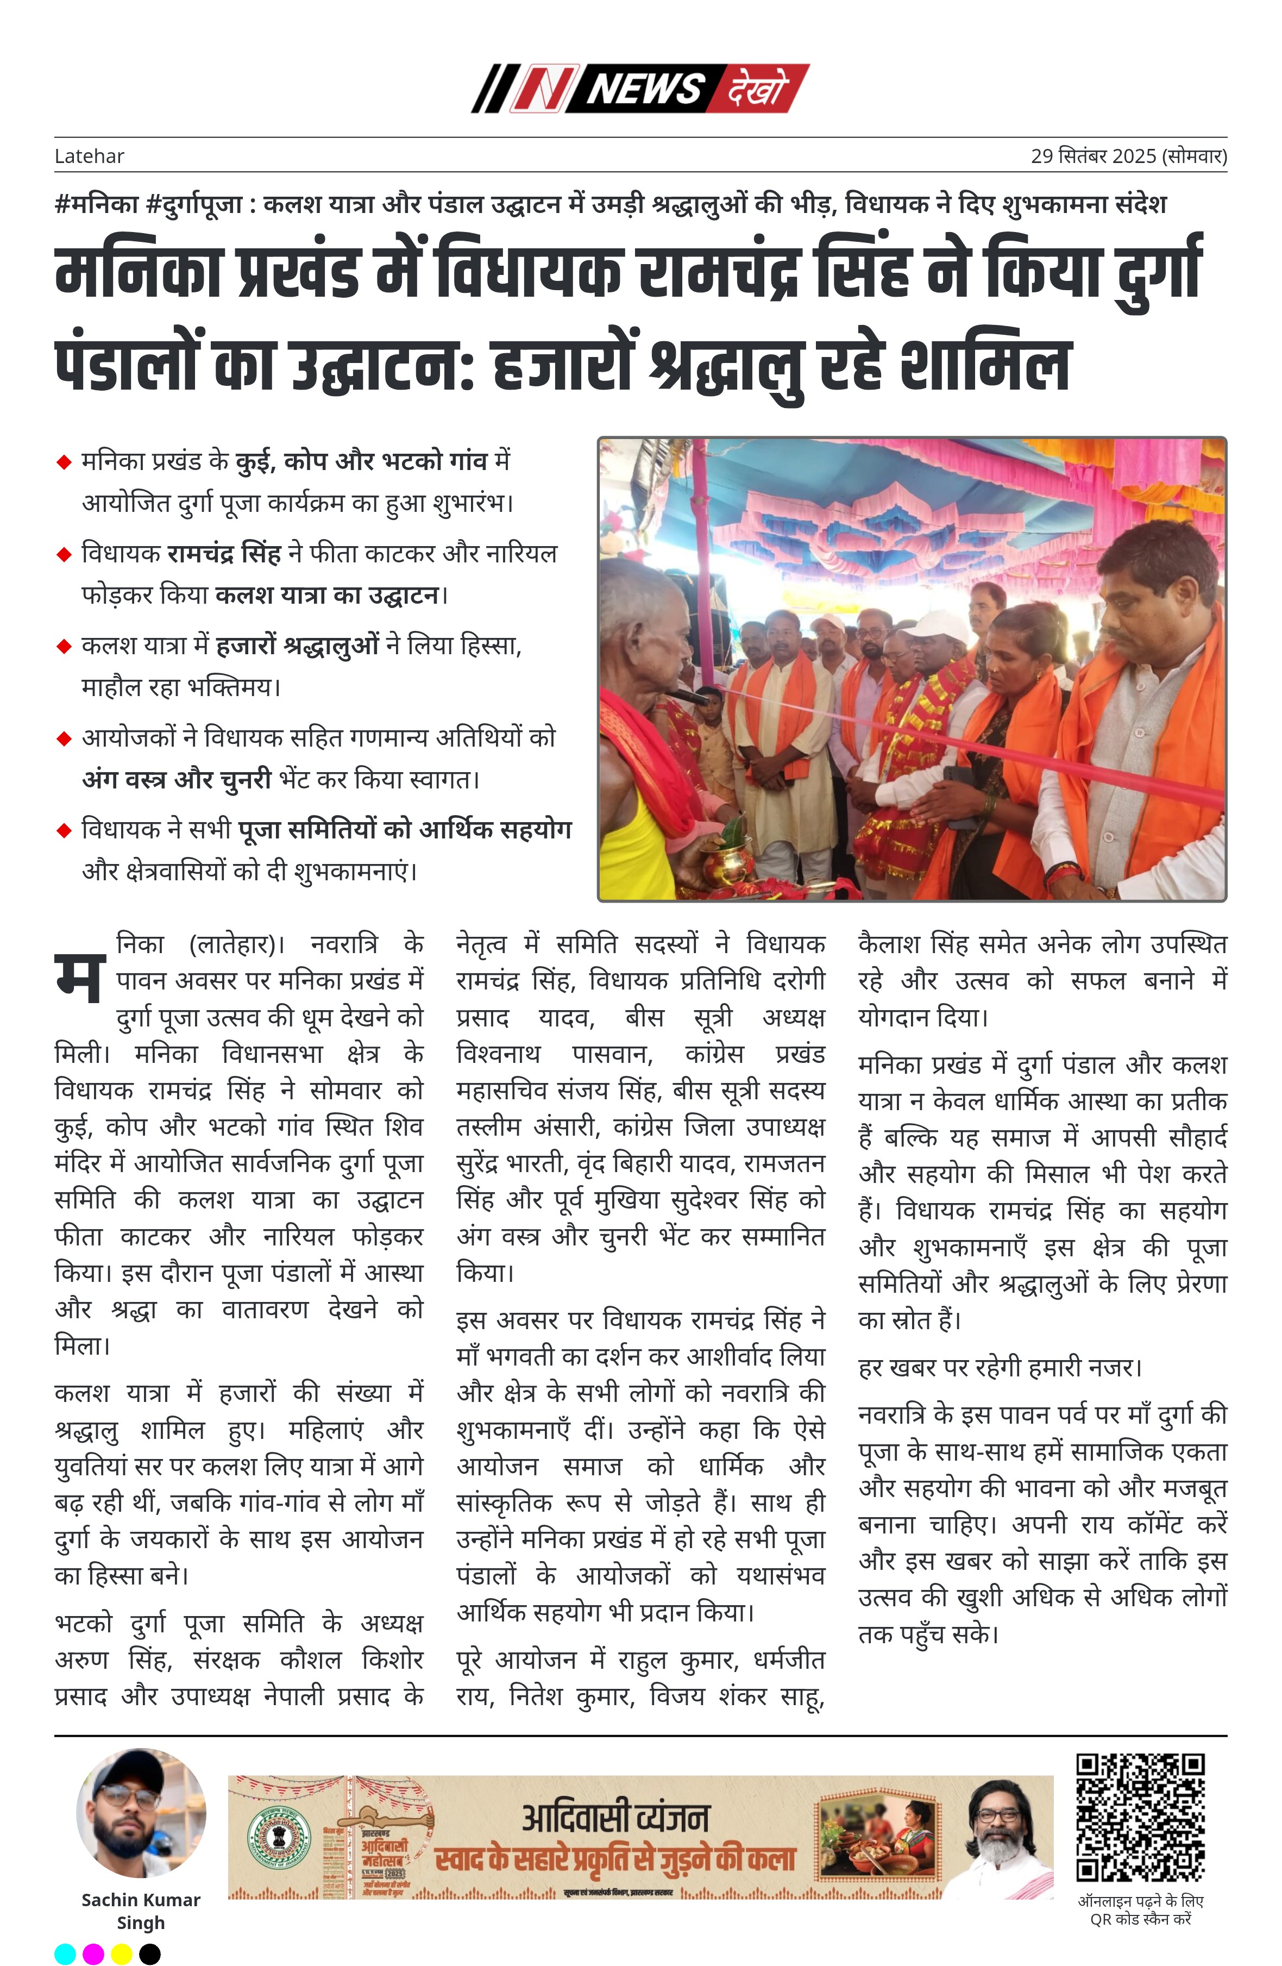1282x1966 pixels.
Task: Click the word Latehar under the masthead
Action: [x=89, y=156]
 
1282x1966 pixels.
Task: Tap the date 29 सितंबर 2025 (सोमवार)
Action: [x=1128, y=156]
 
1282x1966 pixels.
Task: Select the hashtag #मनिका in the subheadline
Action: [x=96, y=204]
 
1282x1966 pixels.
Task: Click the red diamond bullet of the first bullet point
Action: [x=64, y=462]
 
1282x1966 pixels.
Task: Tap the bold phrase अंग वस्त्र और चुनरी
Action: [x=176, y=779]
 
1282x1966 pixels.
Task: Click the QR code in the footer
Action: [x=1140, y=1818]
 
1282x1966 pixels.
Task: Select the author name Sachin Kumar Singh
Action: [x=141, y=1911]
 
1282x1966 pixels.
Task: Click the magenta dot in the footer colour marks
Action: [x=93, y=1954]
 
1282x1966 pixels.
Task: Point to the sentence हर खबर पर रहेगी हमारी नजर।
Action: [x=1000, y=1368]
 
